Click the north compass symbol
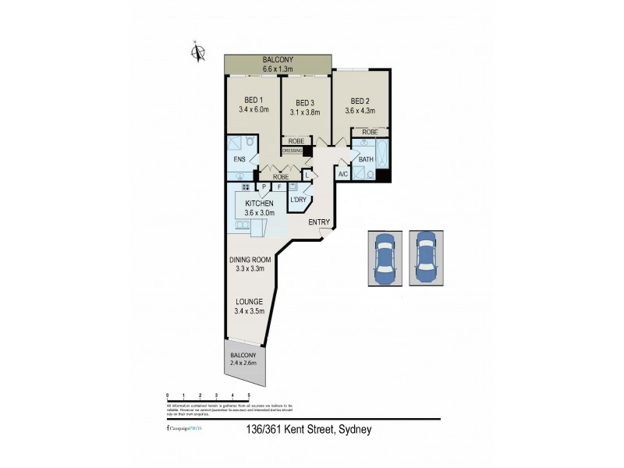(199, 53)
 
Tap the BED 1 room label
(253, 100)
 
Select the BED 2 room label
(360, 101)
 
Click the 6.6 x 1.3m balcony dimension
(278, 69)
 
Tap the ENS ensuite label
(239, 160)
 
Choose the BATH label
(366, 160)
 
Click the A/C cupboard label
(342, 175)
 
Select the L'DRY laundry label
(297, 200)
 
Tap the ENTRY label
(318, 222)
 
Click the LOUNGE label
(246, 302)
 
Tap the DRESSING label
(292, 151)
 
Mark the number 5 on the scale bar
(249, 395)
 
